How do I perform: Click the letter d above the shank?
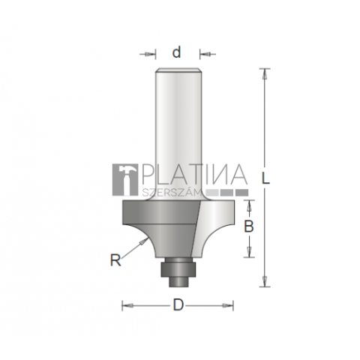tap(177, 52)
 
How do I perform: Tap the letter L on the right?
tap(265, 178)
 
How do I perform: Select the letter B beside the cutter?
tap(249, 226)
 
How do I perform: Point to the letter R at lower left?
tap(115, 260)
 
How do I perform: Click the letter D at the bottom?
tap(178, 305)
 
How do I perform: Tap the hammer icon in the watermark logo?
tap(125, 179)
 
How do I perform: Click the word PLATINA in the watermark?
tap(194, 174)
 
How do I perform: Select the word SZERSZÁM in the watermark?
tap(172, 193)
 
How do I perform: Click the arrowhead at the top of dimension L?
tap(265, 74)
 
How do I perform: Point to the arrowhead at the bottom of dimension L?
tap(265, 281)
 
